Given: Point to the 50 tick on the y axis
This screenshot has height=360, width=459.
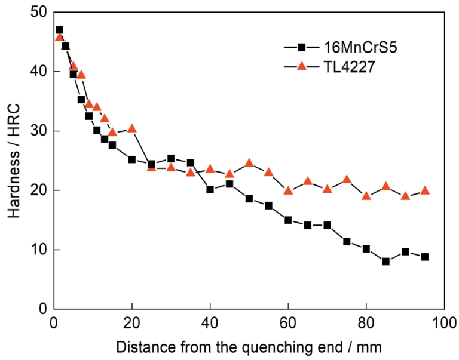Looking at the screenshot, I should (x=39, y=13).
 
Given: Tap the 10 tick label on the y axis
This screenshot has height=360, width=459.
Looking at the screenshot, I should (x=39, y=250).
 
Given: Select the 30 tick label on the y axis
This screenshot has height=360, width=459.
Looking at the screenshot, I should (x=39, y=131).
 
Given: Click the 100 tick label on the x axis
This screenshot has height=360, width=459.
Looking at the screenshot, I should (x=445, y=322).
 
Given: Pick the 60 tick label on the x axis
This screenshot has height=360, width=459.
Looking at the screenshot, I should (x=288, y=322).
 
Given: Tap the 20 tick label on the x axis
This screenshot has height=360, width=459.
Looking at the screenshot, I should (x=131, y=322).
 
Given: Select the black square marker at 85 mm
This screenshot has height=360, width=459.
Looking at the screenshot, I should (x=386, y=261).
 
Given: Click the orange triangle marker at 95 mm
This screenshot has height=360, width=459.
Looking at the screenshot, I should (x=425, y=190).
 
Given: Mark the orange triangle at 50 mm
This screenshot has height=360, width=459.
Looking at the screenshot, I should (x=249, y=162).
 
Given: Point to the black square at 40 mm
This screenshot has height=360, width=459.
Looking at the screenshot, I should (x=210, y=189).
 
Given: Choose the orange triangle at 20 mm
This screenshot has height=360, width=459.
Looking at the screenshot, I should (x=132, y=128).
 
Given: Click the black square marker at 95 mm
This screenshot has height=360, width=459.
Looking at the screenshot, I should (x=425, y=257).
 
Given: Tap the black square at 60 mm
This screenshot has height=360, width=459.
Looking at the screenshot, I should (x=288, y=220).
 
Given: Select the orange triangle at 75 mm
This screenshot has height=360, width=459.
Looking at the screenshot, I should (x=347, y=179).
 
